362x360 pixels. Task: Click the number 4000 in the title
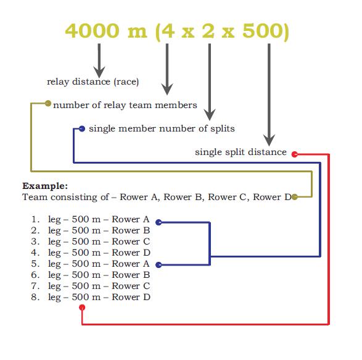[x=92, y=31]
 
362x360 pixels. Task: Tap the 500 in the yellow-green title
[x=263, y=31]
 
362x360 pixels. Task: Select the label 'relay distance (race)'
[x=93, y=82]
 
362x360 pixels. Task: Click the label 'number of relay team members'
[x=125, y=105]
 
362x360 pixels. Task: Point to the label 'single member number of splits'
[x=162, y=128]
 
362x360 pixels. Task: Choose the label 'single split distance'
[x=241, y=152]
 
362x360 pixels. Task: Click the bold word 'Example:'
[x=45, y=186]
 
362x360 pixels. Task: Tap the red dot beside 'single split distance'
[x=294, y=154]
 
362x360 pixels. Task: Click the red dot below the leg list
[x=82, y=308]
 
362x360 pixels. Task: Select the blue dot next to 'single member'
[x=82, y=129]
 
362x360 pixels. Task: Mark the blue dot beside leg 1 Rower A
[x=158, y=222]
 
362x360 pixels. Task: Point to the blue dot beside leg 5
[x=158, y=265]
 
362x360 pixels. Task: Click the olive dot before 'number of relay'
[x=47, y=103]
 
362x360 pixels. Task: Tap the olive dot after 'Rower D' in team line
[x=294, y=197]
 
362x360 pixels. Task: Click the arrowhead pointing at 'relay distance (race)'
[x=99, y=72]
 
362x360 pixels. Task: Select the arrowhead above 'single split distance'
[x=269, y=140]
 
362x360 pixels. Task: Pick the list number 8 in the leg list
[x=35, y=297]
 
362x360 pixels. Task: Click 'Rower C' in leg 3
[x=131, y=241]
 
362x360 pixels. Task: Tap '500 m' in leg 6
[x=86, y=275]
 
